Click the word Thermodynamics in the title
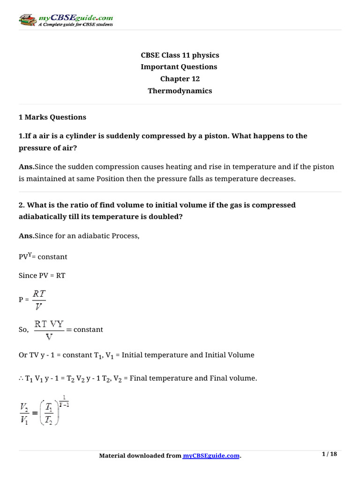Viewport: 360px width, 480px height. tap(180, 91)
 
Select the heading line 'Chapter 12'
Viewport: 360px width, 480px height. tap(180, 79)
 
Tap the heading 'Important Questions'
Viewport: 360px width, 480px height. tap(179, 67)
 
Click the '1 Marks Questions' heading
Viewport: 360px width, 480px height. tap(52, 117)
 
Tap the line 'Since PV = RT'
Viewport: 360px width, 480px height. tap(42, 276)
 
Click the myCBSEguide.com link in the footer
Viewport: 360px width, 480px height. tap(211, 456)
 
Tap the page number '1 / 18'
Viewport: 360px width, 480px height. tap(330, 454)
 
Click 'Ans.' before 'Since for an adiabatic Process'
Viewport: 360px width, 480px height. tap(26, 236)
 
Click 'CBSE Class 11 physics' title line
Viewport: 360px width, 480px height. tap(180, 55)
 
